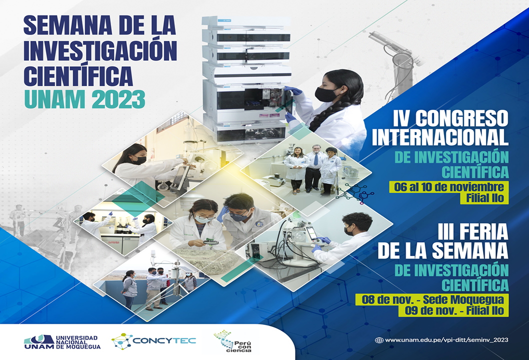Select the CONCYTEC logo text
click(x=164, y=340)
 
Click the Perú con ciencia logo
click(x=233, y=341)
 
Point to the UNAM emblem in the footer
click(x=39, y=342)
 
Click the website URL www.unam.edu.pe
click(x=446, y=340)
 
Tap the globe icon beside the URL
click(x=379, y=340)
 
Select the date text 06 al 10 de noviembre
click(x=448, y=187)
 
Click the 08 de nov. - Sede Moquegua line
click(x=433, y=299)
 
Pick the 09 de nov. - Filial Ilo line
click(x=454, y=310)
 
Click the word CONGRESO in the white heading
click(x=461, y=118)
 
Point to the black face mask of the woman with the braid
click(x=326, y=94)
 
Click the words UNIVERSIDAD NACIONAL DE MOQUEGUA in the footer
click(x=78, y=342)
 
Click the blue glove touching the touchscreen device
click(x=324, y=240)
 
